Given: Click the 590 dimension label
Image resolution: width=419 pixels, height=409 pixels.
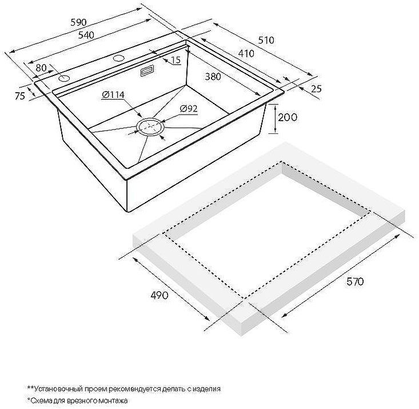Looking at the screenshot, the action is click(x=78, y=22).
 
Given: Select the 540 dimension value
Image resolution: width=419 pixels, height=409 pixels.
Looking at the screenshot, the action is click(x=86, y=35).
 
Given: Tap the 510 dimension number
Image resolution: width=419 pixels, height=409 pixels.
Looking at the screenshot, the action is click(x=266, y=40).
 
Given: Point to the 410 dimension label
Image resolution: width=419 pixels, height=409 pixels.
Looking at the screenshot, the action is click(x=246, y=54).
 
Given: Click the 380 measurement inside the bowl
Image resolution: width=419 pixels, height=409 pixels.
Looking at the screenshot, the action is click(x=213, y=77).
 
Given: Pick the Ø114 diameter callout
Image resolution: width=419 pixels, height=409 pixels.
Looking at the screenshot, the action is click(x=113, y=94).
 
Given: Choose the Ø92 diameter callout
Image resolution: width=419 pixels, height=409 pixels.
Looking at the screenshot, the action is click(x=189, y=109).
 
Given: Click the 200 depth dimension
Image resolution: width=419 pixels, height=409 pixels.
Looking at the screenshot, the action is click(x=288, y=117).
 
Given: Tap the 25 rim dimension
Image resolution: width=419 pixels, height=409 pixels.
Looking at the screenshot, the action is click(x=316, y=89).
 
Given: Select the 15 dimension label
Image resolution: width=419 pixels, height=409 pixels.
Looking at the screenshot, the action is click(x=176, y=60).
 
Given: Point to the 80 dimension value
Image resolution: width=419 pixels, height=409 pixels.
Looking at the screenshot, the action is click(x=41, y=68).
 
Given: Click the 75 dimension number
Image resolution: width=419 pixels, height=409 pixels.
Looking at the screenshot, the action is click(x=20, y=96).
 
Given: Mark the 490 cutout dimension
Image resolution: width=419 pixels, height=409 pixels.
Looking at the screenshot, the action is click(x=159, y=295).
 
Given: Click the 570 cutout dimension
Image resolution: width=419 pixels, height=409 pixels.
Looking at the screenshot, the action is click(x=355, y=281).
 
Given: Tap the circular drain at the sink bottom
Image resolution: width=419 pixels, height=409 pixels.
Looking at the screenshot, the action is click(x=151, y=126).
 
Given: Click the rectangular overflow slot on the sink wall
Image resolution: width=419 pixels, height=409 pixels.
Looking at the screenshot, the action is click(x=147, y=71).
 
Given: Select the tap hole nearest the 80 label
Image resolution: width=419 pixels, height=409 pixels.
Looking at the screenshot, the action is click(x=64, y=78).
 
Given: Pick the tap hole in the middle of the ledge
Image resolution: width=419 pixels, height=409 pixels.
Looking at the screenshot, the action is click(x=118, y=58).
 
